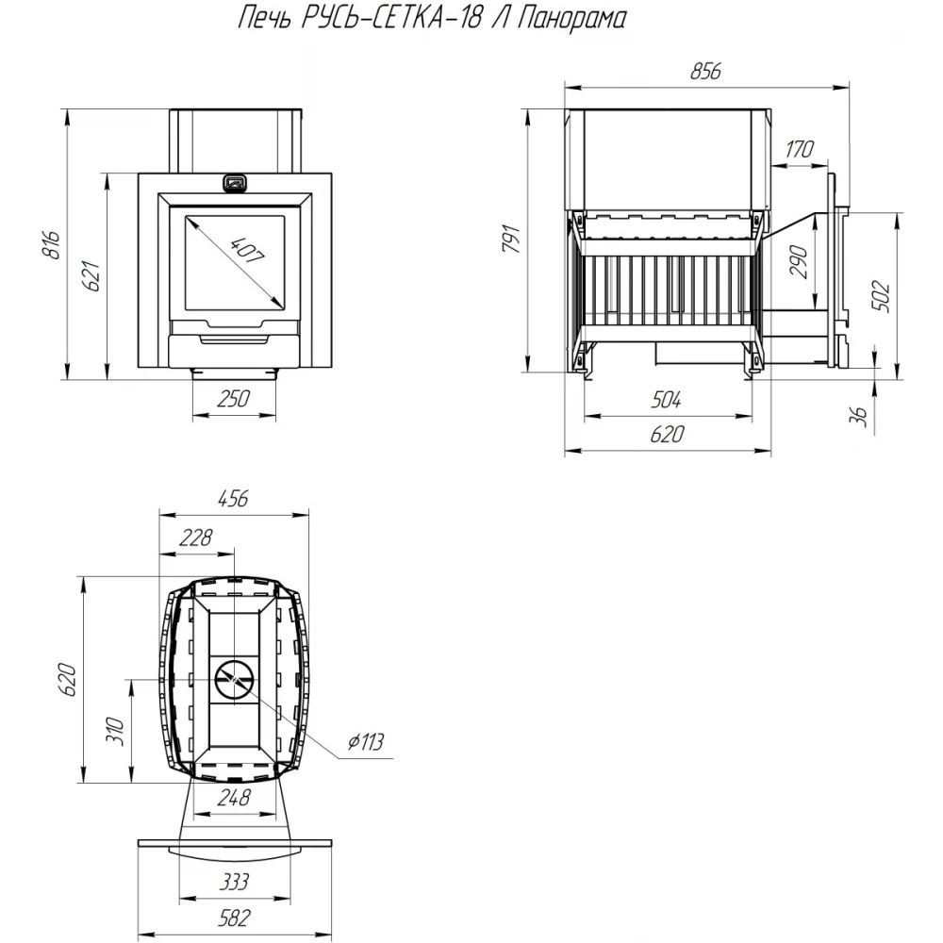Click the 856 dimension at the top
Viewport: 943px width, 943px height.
(x=704, y=71)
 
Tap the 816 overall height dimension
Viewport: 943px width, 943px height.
(x=52, y=244)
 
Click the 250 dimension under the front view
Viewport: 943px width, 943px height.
(x=233, y=398)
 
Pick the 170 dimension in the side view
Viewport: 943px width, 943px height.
(x=799, y=149)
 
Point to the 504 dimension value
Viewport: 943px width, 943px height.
(x=666, y=399)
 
